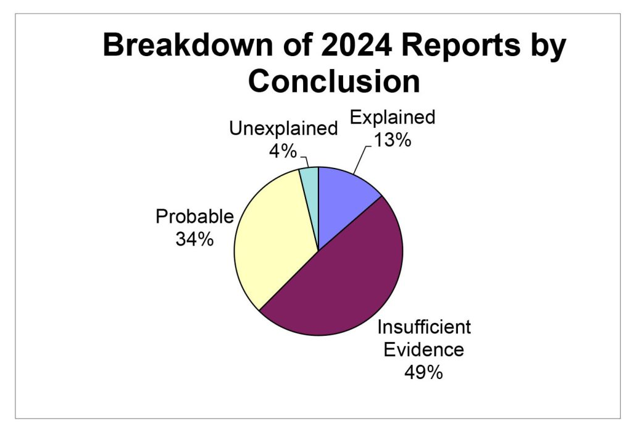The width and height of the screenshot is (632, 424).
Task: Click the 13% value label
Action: point(393,140)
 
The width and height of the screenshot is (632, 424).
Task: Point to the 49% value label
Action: point(423,372)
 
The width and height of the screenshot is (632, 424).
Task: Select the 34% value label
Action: point(194,239)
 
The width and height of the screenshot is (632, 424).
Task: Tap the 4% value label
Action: point(283,152)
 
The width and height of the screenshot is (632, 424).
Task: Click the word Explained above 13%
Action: point(393,117)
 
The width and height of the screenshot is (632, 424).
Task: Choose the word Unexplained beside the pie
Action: point(283,128)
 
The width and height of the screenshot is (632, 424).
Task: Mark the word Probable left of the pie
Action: point(194,217)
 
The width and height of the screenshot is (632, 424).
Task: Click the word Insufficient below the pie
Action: point(424,327)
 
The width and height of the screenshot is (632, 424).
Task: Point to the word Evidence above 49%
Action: point(423,349)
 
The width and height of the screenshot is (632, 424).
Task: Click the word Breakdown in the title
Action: point(188,44)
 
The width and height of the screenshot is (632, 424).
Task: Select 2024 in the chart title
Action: point(356,44)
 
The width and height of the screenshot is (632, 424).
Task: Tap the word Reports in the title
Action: point(460,46)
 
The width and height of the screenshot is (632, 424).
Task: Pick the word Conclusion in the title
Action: point(334,81)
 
